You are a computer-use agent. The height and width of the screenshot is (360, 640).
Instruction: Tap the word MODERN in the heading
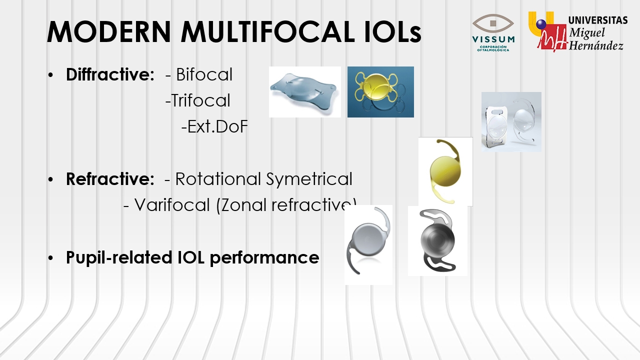coord(109,31)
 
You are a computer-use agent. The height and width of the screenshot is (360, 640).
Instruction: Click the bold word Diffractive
coord(110,74)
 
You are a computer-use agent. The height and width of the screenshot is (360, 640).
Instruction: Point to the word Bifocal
coord(204,74)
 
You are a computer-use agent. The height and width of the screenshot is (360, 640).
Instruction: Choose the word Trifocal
coord(201,100)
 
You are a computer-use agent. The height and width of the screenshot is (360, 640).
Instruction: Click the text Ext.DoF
coord(217,126)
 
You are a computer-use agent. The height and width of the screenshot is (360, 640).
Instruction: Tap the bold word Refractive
coord(110,179)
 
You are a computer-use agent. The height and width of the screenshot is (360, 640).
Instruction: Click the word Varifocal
coord(172,205)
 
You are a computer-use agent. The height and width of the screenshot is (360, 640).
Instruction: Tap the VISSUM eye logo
coord(493,32)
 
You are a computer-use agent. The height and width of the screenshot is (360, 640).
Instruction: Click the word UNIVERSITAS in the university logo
coord(598,20)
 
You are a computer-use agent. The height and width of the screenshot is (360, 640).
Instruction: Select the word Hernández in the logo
coord(596,45)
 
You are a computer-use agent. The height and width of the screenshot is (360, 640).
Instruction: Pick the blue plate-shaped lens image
coord(304,91)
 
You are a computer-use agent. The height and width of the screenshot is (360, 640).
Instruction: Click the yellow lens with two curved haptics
coord(445,171)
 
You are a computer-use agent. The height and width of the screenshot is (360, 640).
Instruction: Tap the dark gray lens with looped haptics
coord(437,240)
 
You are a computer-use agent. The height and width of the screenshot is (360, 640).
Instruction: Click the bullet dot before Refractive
coord(50,179)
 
